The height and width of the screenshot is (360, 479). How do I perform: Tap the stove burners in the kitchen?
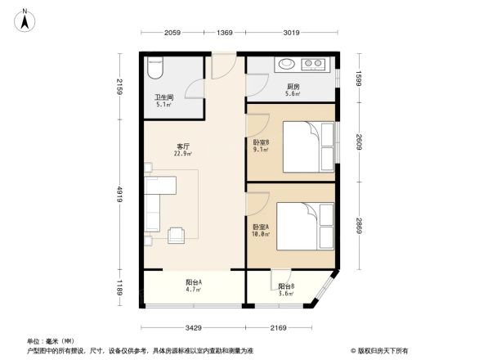pyautogui.click(x=314, y=65)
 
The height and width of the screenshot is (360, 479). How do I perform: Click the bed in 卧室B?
pyautogui.click(x=307, y=147)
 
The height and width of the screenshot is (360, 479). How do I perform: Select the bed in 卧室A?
pyautogui.click(x=307, y=224)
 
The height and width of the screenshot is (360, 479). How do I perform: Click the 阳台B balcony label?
pyautogui.click(x=285, y=286)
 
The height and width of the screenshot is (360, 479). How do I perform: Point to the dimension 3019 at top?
pyautogui.click(x=292, y=33)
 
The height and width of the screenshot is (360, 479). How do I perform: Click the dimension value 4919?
pyautogui.click(x=119, y=195)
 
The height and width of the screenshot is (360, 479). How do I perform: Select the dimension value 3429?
pyautogui.click(x=193, y=328)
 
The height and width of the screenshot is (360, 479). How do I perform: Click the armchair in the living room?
pyautogui.click(x=177, y=236)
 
